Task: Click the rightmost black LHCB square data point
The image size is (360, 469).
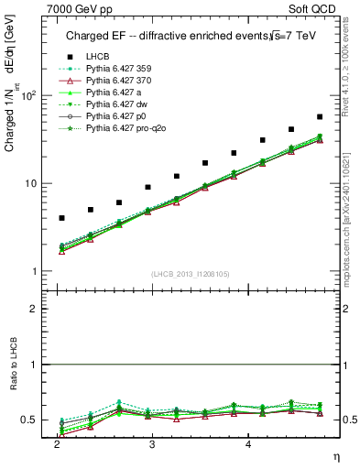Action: pos(320,116)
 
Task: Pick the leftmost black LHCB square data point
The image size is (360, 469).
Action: pos(61,218)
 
